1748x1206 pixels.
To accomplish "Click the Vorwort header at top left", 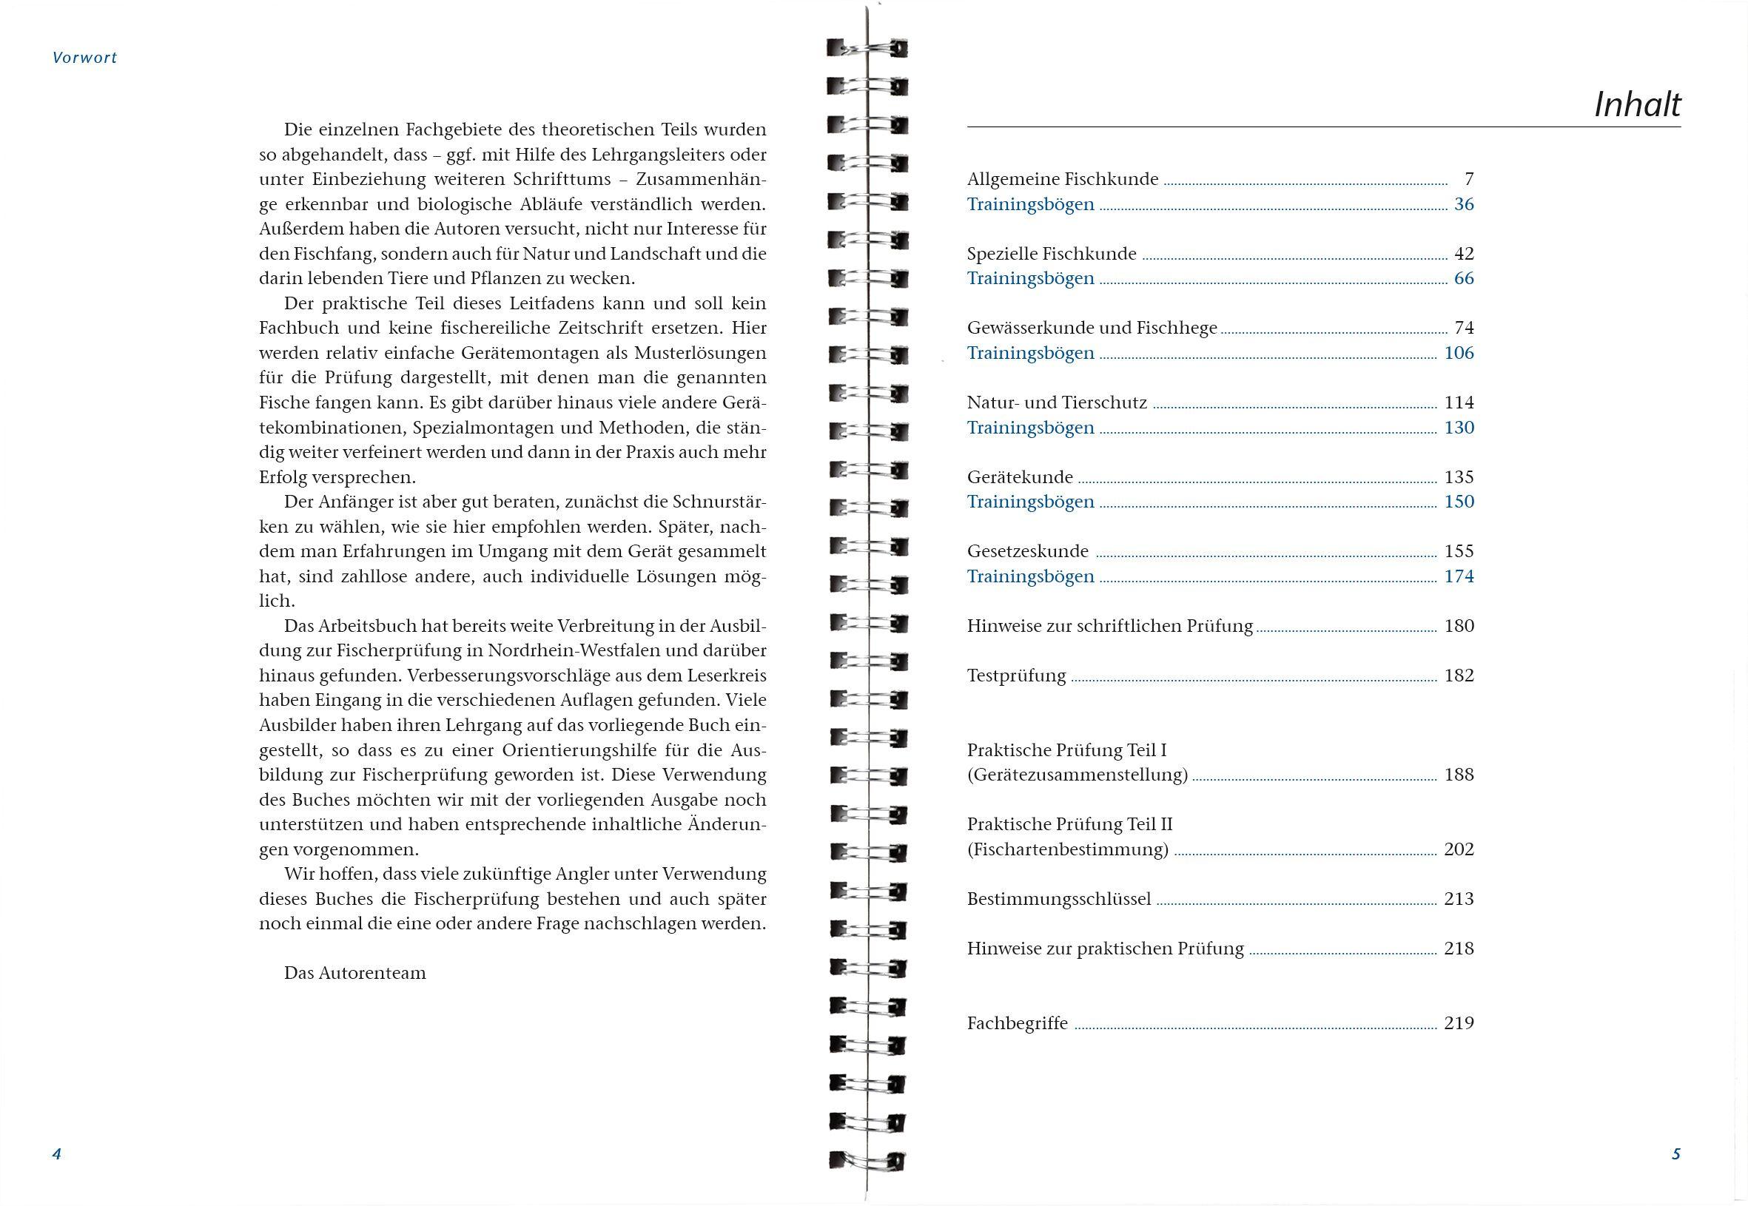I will pyautogui.click(x=84, y=58).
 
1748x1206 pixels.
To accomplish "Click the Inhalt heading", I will pyautogui.click(x=1637, y=105).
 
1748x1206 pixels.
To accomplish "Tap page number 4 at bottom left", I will pyautogui.click(x=56, y=1154).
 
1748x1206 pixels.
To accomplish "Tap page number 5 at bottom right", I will pyautogui.click(x=1675, y=1154).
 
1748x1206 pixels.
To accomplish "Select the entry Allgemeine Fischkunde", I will pyautogui.click(x=1063, y=179).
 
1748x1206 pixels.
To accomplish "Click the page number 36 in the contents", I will pyautogui.click(x=1463, y=204).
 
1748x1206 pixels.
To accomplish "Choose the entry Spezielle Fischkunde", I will pyautogui.click(x=1051, y=254).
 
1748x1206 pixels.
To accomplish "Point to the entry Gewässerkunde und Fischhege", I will pyautogui.click(x=1092, y=328).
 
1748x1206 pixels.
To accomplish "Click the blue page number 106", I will pyautogui.click(x=1459, y=353).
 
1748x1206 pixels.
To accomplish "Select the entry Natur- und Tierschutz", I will pyautogui.click(x=1057, y=402).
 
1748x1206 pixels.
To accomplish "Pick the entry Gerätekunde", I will pyautogui.click(x=1020, y=476).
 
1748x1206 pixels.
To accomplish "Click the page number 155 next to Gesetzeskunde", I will pyautogui.click(x=1459, y=551).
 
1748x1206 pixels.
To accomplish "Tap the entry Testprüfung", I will pyautogui.click(x=1016, y=676).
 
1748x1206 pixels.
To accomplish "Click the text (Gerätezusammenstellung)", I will pyautogui.click(x=1077, y=775).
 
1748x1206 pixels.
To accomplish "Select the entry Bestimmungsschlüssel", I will pyautogui.click(x=1059, y=899).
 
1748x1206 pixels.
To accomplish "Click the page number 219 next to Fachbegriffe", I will pyautogui.click(x=1459, y=1023).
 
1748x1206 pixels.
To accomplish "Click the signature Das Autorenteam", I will pyautogui.click(x=354, y=973).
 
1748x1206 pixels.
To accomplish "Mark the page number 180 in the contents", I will pyautogui.click(x=1459, y=626).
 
